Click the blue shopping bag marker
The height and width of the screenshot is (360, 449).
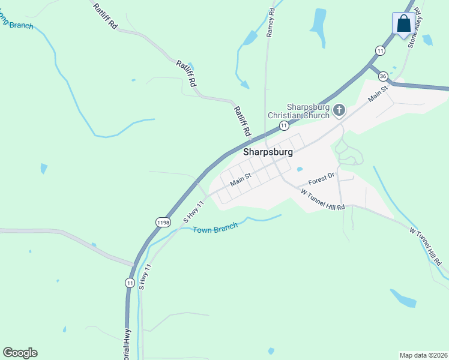(403, 24)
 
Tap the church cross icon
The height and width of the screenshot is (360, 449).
(339, 110)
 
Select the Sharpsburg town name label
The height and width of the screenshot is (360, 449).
(268, 152)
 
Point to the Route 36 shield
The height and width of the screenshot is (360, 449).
(382, 76)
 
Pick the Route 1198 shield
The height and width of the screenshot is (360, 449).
(163, 222)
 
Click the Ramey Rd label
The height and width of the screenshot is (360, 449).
(271, 23)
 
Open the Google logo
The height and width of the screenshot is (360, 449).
(20, 353)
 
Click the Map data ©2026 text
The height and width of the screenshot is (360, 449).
(424, 355)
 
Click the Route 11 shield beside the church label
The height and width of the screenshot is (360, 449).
(283, 125)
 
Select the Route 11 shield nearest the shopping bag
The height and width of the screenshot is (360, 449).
(381, 51)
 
